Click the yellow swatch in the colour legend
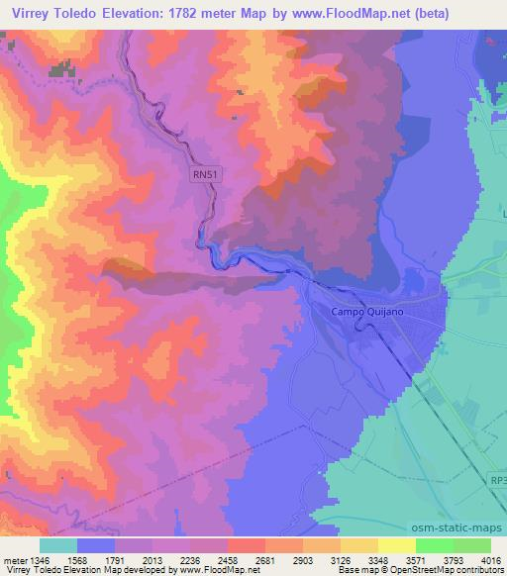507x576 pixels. point(397,545)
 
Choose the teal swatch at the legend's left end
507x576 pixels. point(58,545)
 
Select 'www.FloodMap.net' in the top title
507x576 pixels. point(342,13)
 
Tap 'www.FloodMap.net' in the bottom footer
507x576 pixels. point(217,571)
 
